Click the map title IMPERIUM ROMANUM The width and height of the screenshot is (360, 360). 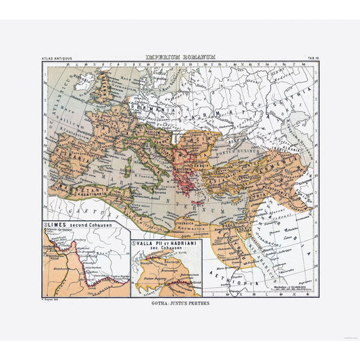click(x=180, y=58)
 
